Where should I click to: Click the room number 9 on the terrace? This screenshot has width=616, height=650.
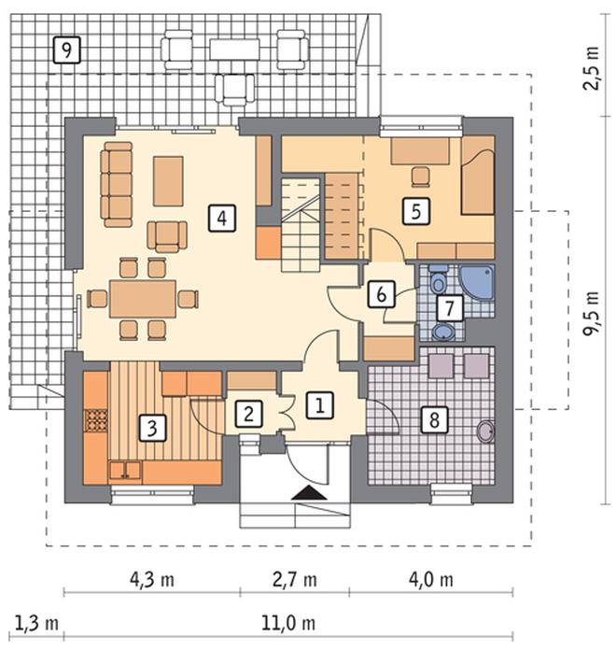pos(66,49)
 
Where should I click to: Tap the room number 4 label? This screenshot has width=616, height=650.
pos(222,218)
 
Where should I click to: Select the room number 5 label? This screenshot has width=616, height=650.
pos(416,211)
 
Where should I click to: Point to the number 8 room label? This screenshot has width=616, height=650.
pos(434,420)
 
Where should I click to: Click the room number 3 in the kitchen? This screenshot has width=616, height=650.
pos(152,428)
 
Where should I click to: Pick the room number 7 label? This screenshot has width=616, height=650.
pos(450,308)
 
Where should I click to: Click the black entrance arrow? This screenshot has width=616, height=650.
pos(310,492)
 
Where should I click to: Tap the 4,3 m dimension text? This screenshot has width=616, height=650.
pos(151,579)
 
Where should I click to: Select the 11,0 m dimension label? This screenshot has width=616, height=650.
pos(288,623)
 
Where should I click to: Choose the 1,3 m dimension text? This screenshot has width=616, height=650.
pos(36,623)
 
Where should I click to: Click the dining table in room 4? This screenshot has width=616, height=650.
pos(143,299)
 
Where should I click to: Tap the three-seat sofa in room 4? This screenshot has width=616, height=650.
pos(117,185)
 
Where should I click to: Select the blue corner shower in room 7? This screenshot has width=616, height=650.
pos(476,282)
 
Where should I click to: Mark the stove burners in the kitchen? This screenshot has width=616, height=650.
pos(96,421)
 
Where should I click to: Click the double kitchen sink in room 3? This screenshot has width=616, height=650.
pos(125,471)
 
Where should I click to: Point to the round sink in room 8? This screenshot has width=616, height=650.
pos(486,431)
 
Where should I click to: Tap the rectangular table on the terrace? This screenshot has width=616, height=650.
pos(234,49)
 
